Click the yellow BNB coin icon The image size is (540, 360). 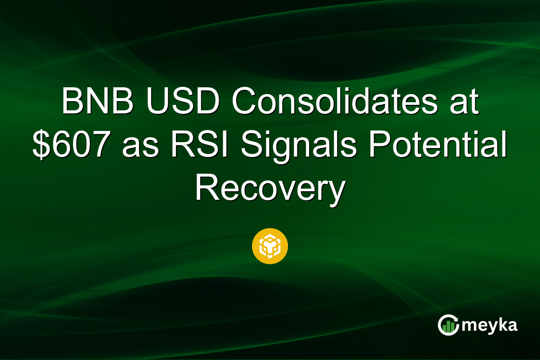270,246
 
